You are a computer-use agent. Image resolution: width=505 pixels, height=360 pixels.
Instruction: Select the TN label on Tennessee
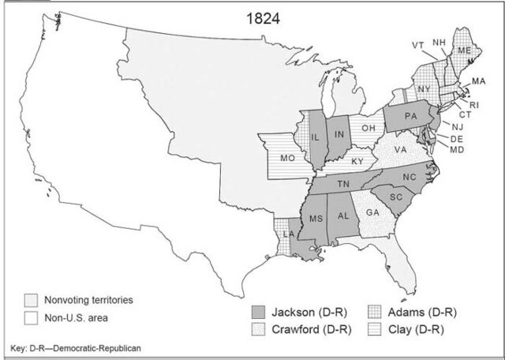click(344, 183)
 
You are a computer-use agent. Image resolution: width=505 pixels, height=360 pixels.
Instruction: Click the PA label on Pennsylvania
click(410, 117)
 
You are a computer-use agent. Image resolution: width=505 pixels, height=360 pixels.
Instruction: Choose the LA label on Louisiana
click(289, 235)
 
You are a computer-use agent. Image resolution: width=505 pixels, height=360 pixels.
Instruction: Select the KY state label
click(357, 161)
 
